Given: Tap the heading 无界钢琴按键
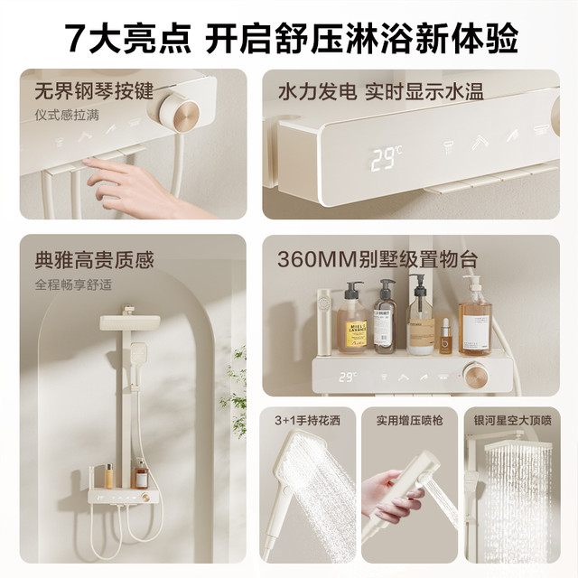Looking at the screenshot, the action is (x=94, y=91).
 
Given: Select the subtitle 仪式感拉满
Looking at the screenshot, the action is (x=67, y=115).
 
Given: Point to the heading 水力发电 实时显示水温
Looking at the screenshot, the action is (x=380, y=91).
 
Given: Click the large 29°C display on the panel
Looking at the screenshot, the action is (x=387, y=159).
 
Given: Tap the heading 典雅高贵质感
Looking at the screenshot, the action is (x=94, y=260).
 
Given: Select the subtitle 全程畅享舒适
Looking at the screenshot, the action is (x=73, y=285).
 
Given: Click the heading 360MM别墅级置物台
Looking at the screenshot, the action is (x=378, y=259).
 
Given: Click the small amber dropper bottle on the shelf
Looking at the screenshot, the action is (x=445, y=338).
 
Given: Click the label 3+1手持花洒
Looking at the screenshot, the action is (x=307, y=420).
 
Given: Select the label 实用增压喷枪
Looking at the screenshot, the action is (x=409, y=420).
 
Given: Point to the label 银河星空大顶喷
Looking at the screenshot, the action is (x=512, y=420).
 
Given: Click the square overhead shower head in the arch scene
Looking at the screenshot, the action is (x=130, y=322).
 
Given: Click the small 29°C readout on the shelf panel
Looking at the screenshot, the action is (x=348, y=377).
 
